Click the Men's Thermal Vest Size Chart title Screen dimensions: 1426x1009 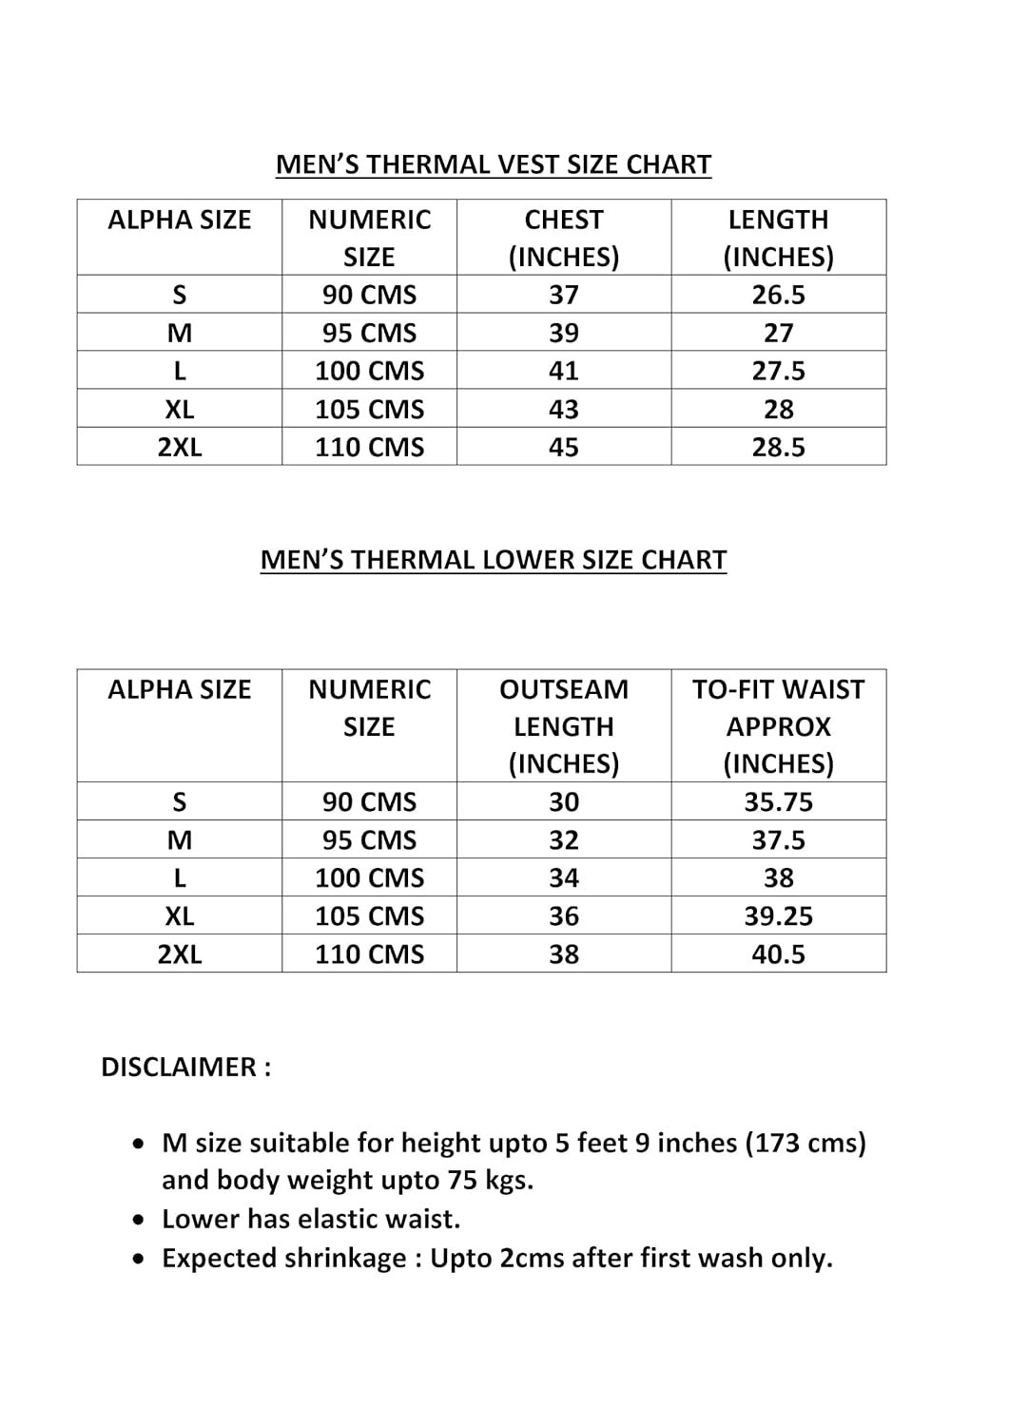[x=493, y=164]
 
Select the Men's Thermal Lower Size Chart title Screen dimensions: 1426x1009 [x=493, y=560]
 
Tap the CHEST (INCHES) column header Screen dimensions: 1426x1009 [x=563, y=238]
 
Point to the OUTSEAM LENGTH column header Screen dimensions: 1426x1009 [x=563, y=725]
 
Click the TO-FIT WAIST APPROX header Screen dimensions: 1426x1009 [x=778, y=725]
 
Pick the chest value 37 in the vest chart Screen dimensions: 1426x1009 [x=563, y=295]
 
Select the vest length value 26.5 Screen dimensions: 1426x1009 [x=778, y=295]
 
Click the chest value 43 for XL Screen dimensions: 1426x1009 [x=563, y=409]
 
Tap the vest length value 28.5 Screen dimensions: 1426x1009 [x=778, y=447]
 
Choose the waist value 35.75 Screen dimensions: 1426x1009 [x=778, y=802]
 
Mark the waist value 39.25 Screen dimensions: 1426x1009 [x=778, y=916]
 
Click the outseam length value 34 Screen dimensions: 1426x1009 [x=563, y=878]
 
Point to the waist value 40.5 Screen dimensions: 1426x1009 [x=778, y=954]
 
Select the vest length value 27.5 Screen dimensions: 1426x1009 [x=778, y=371]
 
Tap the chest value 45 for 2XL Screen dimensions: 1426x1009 [x=563, y=447]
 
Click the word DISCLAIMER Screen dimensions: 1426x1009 [x=179, y=1068]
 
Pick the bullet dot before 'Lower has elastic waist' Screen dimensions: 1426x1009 [x=141, y=1220]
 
